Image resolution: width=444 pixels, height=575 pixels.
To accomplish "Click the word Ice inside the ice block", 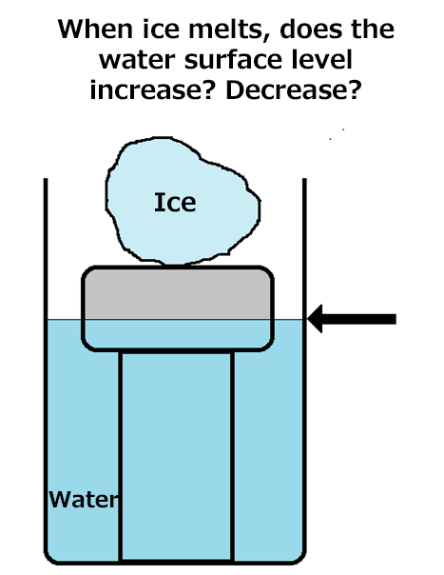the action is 175,202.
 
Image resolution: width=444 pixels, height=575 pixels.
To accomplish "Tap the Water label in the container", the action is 84,499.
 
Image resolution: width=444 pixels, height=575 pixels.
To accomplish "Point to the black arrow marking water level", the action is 352,319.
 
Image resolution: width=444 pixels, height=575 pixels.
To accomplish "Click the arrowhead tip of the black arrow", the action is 308,319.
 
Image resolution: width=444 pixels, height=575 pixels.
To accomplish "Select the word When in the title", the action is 95,29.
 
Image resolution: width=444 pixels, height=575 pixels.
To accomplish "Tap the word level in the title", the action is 322,59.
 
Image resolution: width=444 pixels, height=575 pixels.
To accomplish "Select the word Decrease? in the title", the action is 294,89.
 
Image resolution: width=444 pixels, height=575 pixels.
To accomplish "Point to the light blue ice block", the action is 183,201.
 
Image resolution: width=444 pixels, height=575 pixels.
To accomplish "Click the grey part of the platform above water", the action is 178,293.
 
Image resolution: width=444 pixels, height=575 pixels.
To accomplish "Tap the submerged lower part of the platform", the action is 178,334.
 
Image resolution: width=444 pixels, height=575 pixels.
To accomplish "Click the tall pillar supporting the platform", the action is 177,457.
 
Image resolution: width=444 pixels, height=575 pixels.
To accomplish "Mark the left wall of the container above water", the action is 46,248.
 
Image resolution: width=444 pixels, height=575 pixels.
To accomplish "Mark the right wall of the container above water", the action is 304,248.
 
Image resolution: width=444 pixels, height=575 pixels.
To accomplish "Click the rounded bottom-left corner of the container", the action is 49,558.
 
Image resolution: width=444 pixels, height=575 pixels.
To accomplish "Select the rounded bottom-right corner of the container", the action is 300,558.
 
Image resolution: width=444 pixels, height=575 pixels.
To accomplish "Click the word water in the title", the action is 138,61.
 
